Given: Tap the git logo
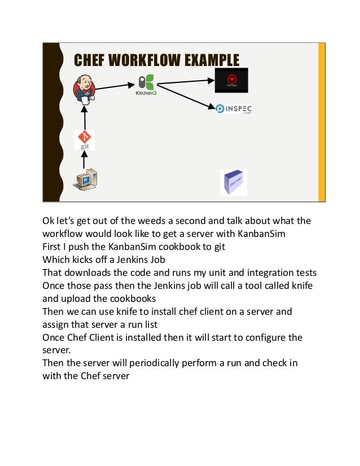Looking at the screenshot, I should click(x=85, y=139).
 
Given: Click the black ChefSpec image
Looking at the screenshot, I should click(x=231, y=81).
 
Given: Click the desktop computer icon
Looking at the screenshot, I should click(x=86, y=182).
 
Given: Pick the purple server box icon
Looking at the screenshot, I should click(x=233, y=182).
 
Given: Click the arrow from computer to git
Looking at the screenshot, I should click(x=85, y=160).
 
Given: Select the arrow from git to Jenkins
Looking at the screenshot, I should click(x=85, y=118).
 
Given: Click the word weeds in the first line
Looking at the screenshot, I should click(x=155, y=221).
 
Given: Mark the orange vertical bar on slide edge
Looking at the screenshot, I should click(x=322, y=122).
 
